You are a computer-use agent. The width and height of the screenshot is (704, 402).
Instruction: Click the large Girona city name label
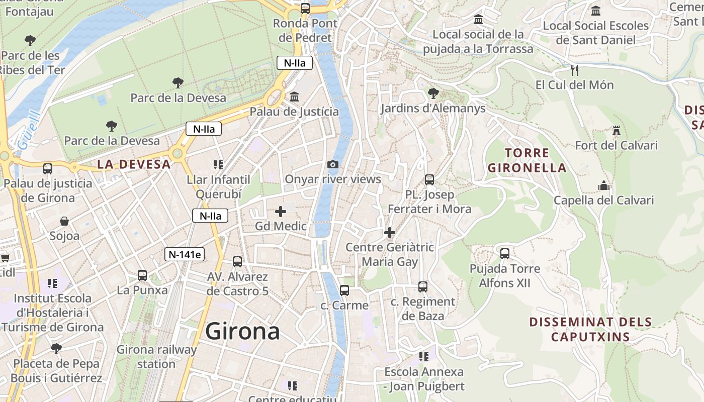point(242,332)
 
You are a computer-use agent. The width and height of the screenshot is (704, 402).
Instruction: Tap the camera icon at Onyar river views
point(332,164)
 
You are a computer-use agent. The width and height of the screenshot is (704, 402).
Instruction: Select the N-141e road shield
point(185,254)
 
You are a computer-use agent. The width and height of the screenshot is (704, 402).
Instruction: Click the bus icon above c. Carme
point(344,290)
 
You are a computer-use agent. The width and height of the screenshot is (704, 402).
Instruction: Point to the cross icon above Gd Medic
point(281,212)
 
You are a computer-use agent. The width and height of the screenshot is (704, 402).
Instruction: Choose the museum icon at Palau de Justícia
point(294,96)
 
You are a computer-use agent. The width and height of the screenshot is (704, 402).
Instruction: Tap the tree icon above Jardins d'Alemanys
point(432,93)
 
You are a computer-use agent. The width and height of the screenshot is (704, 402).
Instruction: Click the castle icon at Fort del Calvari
point(616,131)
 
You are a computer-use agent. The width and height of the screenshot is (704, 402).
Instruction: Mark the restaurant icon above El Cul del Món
point(575,70)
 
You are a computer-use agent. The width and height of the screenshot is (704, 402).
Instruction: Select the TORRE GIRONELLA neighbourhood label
point(526,160)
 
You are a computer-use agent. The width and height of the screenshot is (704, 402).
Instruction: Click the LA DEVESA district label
point(134,164)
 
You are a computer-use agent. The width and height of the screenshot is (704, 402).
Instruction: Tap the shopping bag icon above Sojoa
point(64,221)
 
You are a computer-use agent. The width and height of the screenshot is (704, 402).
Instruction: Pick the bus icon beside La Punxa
point(142,275)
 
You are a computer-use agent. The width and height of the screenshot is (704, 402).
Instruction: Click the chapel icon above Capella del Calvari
point(603,185)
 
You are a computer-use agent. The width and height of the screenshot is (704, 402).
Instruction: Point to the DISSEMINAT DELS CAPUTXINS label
point(590,329)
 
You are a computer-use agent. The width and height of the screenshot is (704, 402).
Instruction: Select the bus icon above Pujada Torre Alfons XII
point(504,253)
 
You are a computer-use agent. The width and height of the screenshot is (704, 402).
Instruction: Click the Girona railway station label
point(156,356)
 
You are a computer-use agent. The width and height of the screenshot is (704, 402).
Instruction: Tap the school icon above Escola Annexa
point(424,357)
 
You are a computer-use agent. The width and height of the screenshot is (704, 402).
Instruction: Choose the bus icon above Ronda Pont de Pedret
point(305,8)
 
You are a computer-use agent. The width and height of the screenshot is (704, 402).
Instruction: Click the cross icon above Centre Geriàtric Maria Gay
point(389,233)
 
